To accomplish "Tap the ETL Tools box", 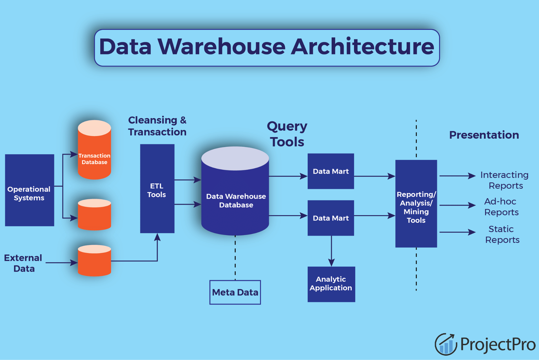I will point(157,189).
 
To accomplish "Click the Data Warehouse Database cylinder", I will point(235,197).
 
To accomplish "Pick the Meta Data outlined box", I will point(235,292).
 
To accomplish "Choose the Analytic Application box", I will point(331,284).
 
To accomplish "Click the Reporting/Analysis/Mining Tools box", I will point(416,204).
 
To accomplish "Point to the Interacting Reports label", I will point(504,180).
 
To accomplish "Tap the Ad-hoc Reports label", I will point(501,207).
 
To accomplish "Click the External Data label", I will point(23,263).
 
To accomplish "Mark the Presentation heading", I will point(484,135).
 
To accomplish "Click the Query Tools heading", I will point(287,134).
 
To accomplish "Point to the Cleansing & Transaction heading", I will point(157,126).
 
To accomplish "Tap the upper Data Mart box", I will point(331,171).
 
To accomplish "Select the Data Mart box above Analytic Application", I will point(331,218).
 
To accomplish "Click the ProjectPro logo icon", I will point(446,344).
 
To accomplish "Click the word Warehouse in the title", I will point(221,47).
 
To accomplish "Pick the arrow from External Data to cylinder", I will point(61,263).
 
